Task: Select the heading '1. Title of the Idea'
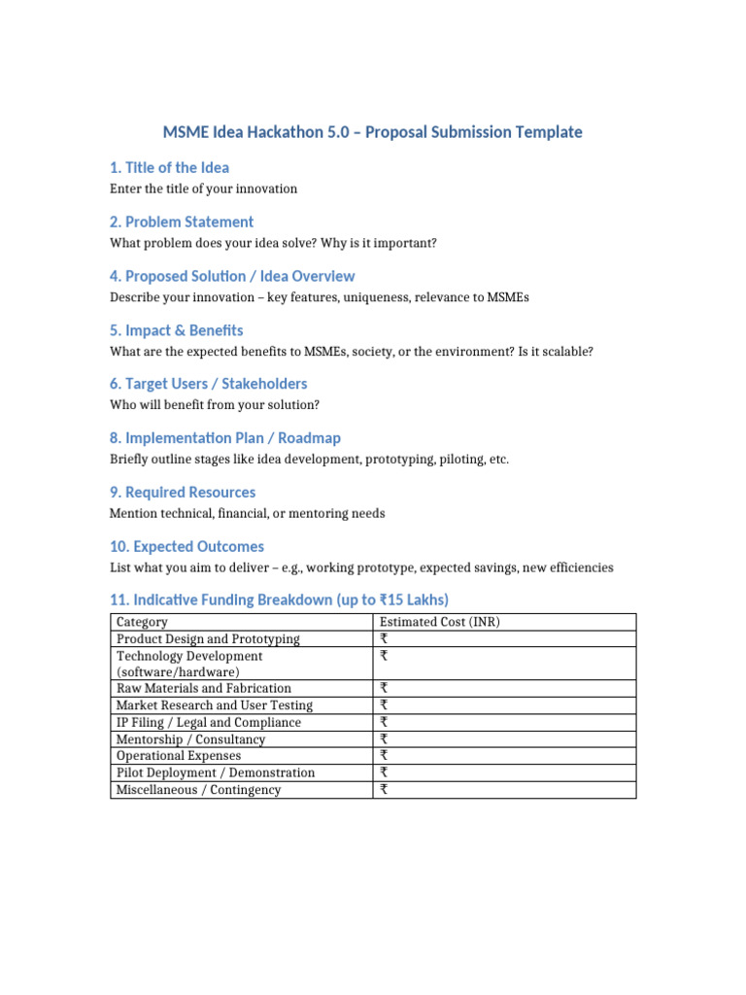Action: (x=170, y=168)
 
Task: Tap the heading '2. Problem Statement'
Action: (x=182, y=222)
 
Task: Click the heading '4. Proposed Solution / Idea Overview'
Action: (x=232, y=276)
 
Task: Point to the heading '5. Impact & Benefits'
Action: (x=177, y=330)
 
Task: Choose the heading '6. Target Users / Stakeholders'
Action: (x=209, y=384)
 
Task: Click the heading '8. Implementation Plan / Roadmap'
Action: (x=225, y=438)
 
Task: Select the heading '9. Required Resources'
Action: (x=183, y=493)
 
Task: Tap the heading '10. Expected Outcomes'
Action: (x=186, y=546)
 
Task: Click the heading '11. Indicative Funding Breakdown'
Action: (x=280, y=600)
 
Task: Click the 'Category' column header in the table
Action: (x=142, y=622)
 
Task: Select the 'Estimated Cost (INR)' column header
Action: (x=439, y=622)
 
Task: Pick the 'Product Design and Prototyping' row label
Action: (x=208, y=638)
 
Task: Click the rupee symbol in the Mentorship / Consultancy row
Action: (x=384, y=739)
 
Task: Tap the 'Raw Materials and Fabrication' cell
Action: (x=203, y=688)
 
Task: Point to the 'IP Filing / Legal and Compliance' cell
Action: (x=209, y=722)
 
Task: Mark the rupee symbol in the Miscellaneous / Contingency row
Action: (x=384, y=790)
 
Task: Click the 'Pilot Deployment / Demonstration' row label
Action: (x=216, y=772)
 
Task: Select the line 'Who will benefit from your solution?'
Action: (x=216, y=404)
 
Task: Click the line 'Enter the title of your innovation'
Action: (x=204, y=189)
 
